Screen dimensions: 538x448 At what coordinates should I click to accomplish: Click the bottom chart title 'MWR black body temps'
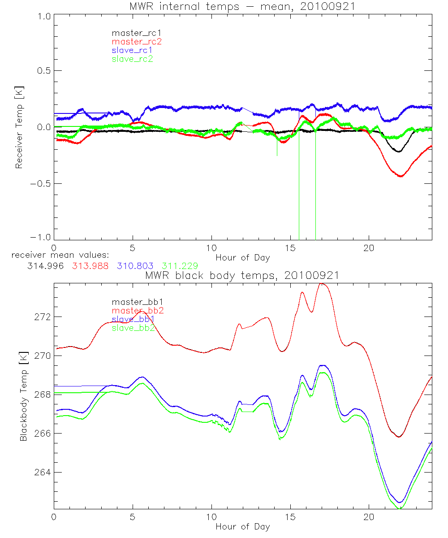(x=242, y=275)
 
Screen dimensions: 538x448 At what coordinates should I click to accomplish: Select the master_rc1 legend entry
(x=133, y=33)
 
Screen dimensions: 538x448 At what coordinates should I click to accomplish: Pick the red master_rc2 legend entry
(x=136, y=42)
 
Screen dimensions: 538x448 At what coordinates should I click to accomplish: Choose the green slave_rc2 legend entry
(x=132, y=59)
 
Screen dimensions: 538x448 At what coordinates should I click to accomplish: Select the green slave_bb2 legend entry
(x=133, y=328)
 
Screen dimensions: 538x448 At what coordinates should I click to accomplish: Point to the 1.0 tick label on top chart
(x=43, y=16)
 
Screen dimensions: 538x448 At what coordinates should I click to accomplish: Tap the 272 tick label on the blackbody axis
(x=43, y=317)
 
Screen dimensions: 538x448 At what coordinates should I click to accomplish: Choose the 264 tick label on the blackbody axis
(x=43, y=472)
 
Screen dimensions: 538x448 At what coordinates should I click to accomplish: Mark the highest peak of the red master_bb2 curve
(x=321, y=283)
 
